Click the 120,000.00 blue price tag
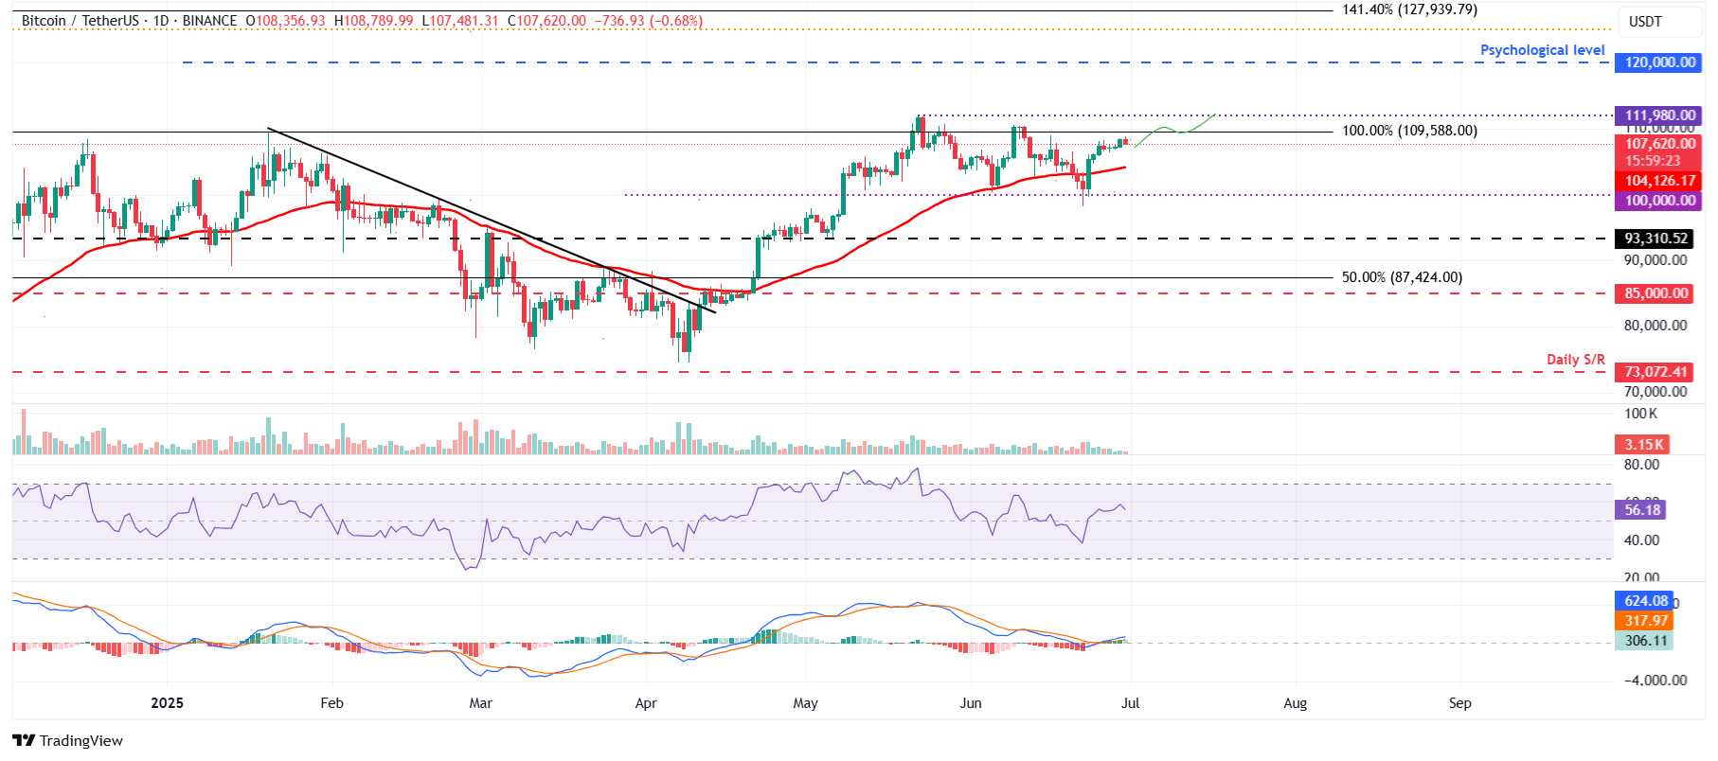[x=1659, y=62]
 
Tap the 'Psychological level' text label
[x=1542, y=50]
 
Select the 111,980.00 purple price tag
[x=1659, y=115]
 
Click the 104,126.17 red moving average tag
[x=1659, y=181]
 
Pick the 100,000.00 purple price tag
[x=1659, y=201]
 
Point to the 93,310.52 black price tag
[x=1655, y=239]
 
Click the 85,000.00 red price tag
[x=1655, y=293]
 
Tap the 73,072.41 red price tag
[x=1655, y=372]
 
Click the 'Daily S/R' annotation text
[x=1575, y=360]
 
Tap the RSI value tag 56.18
[x=1641, y=510]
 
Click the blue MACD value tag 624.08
[x=1645, y=601]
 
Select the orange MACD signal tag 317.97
[x=1645, y=621]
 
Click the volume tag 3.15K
[x=1643, y=445]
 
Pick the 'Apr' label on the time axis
[x=646, y=703]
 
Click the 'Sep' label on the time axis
[x=1459, y=703]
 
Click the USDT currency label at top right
[x=1645, y=22]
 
